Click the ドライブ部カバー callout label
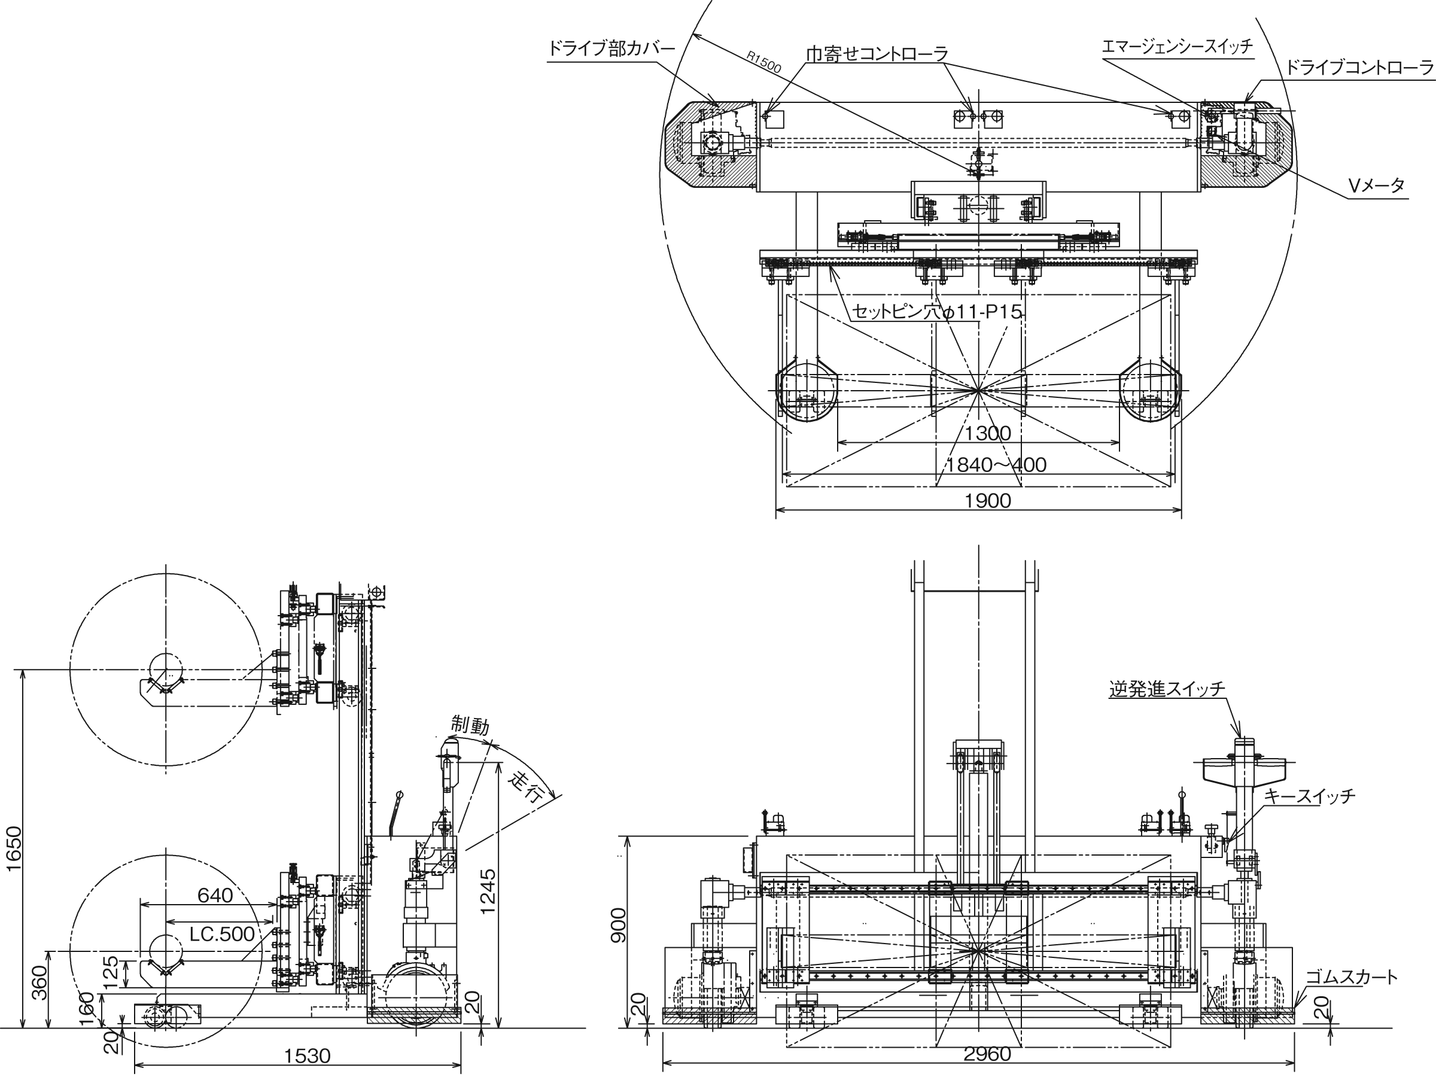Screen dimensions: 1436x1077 [x=611, y=48]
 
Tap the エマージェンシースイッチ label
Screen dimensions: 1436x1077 [x=1177, y=47]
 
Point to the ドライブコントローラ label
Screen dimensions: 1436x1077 [x=1359, y=68]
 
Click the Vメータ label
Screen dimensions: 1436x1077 [x=1376, y=186]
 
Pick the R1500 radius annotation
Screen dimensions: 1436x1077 [x=763, y=62]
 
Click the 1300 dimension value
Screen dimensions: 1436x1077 [x=987, y=433]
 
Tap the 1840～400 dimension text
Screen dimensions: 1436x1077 [x=996, y=465]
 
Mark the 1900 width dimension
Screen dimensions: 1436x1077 [x=987, y=501]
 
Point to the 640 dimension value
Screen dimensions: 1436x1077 [x=215, y=895]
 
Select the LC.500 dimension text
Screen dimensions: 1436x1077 [x=222, y=933]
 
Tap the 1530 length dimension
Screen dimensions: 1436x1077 [x=307, y=1055]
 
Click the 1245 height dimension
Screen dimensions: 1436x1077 [x=488, y=891]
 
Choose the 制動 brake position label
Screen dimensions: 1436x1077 [x=470, y=725]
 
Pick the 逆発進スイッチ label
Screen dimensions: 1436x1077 [x=1167, y=688]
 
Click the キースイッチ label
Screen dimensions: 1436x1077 [x=1309, y=795]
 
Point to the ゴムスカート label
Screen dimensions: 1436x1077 [x=1352, y=976]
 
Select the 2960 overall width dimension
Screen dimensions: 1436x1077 [x=987, y=1054]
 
